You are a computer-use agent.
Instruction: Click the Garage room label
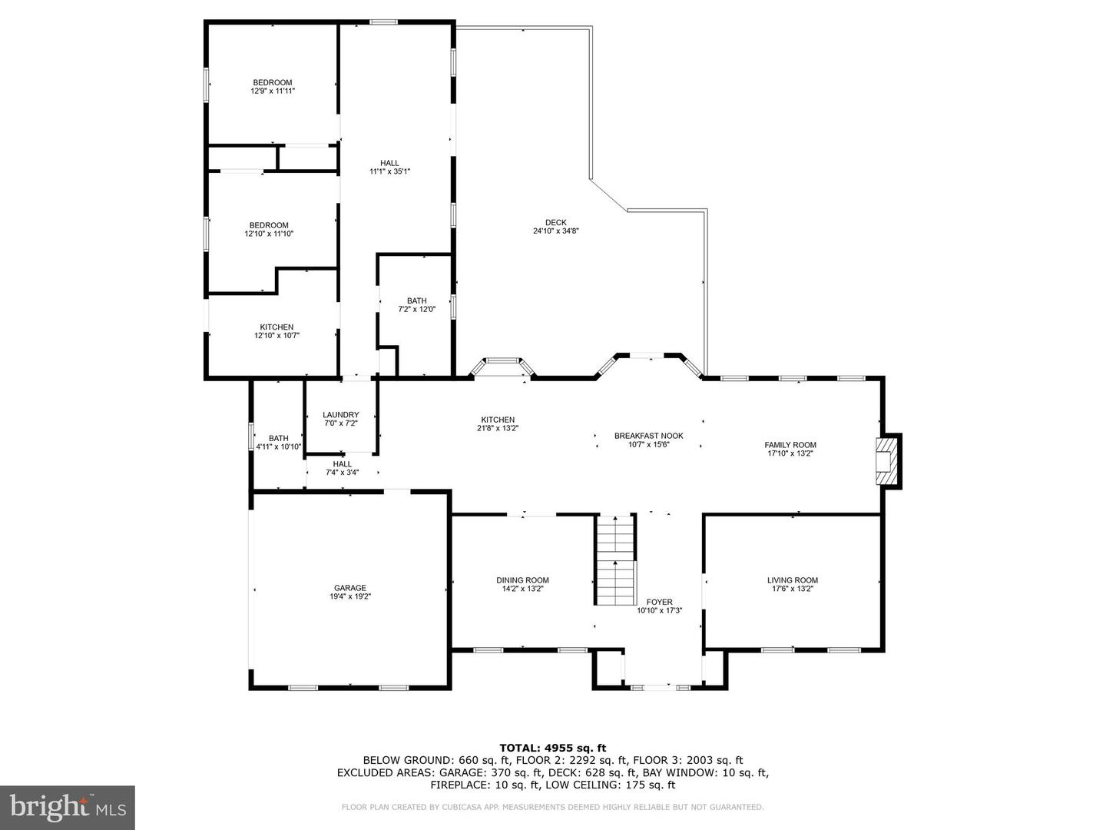click(349, 588)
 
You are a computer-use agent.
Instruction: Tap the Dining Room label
click(522, 580)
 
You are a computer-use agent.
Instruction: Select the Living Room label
click(793, 580)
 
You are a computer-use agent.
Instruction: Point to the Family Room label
click(790, 445)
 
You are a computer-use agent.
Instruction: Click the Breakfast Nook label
click(648, 436)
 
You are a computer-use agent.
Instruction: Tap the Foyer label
click(660, 603)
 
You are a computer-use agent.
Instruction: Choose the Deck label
click(556, 223)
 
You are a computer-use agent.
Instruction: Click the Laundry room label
click(340, 415)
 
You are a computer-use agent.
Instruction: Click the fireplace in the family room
click(888, 461)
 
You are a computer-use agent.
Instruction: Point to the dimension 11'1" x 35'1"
click(389, 171)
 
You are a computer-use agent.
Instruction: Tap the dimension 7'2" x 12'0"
click(417, 310)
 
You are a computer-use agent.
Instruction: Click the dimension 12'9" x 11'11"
click(273, 91)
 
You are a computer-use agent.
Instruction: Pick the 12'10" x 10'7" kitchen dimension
click(276, 336)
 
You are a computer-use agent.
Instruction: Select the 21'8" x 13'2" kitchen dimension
click(498, 428)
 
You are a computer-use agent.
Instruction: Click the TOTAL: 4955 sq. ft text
click(553, 749)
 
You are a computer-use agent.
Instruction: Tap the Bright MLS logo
click(68, 807)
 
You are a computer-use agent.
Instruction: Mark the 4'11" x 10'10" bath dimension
click(279, 447)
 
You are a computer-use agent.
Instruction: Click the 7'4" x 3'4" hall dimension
click(342, 473)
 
